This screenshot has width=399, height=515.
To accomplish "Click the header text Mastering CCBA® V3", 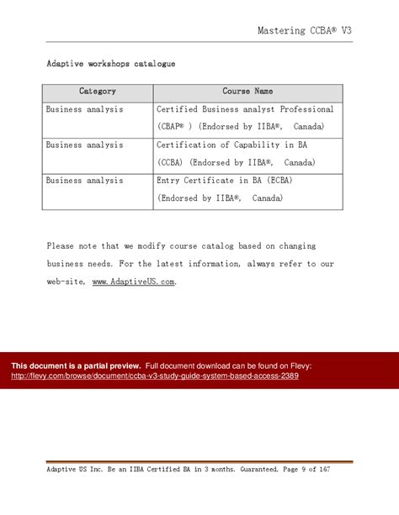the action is (305, 30).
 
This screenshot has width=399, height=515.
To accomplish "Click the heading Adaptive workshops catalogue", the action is (110, 63).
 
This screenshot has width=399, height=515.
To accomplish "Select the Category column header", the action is (98, 92).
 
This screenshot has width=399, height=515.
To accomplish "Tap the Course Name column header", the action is (247, 92).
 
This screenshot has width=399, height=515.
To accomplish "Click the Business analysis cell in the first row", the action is (84, 110).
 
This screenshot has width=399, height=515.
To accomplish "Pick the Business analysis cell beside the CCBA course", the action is (84, 145).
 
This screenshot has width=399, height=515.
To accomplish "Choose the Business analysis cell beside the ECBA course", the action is (84, 181).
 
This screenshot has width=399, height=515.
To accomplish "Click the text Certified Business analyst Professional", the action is (245, 110).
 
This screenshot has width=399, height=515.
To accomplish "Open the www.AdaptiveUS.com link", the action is (133, 282).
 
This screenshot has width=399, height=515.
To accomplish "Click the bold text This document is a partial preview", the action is (76, 366).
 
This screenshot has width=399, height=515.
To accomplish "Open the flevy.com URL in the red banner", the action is (155, 376).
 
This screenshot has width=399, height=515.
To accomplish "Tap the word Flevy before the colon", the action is (299, 366).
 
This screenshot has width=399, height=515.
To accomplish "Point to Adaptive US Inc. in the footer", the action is (72, 469).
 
